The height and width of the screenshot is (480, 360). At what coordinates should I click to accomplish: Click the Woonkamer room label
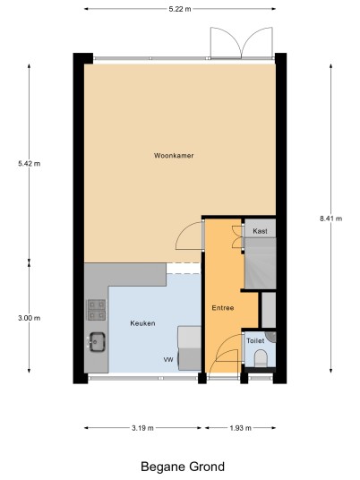tap(174, 156)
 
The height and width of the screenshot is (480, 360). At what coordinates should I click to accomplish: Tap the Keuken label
tap(142, 323)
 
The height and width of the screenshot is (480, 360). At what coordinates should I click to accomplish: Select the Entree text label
tap(223, 308)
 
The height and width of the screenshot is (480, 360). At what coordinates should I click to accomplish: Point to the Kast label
tap(260, 231)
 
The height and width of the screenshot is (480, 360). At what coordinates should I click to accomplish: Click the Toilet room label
tap(255, 340)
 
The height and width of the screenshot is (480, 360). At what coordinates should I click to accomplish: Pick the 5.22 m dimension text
tap(180, 9)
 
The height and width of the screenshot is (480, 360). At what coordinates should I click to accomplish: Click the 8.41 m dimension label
tap(331, 219)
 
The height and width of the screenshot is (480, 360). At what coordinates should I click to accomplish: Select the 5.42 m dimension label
tap(29, 164)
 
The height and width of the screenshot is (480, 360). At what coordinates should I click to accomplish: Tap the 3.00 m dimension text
tap(29, 318)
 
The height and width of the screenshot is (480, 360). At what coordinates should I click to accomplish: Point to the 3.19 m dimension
tap(142, 428)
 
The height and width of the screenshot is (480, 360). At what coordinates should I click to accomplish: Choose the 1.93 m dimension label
tap(240, 428)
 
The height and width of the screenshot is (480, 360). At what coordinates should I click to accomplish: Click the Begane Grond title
tap(183, 467)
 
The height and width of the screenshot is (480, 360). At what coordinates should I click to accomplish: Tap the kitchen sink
tap(97, 341)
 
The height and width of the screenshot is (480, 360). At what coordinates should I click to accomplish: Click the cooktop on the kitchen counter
tap(97, 310)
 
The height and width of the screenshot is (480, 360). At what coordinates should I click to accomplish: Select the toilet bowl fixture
tap(261, 358)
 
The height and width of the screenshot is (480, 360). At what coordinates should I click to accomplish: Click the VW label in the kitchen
tap(168, 360)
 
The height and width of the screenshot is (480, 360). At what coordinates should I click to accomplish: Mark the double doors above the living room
tap(241, 43)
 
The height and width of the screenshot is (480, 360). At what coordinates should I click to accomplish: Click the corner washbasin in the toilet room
tap(271, 337)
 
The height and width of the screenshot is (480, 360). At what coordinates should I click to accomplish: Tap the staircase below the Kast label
tap(261, 263)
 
